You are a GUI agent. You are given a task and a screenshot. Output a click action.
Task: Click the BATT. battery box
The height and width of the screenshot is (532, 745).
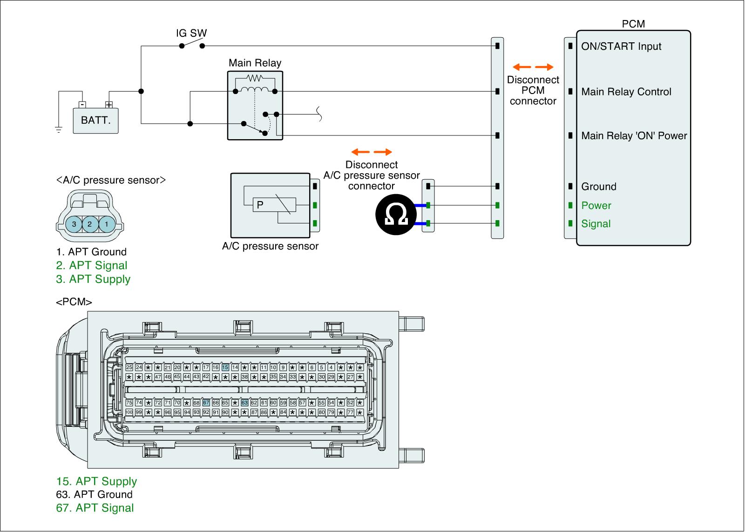tap(95, 121)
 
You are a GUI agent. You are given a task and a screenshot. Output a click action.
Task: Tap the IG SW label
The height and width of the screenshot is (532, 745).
tap(191, 34)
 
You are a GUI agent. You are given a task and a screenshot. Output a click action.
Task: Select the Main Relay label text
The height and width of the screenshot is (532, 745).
tap(255, 63)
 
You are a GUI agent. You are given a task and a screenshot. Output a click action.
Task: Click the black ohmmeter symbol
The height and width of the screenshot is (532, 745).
tap(395, 215)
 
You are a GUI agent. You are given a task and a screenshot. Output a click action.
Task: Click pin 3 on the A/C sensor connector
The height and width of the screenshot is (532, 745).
tap(74, 224)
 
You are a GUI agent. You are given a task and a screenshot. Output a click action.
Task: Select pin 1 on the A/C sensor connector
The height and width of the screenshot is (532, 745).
tap(107, 224)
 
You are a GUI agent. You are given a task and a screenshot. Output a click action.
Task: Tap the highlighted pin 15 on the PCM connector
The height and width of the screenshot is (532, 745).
tap(225, 368)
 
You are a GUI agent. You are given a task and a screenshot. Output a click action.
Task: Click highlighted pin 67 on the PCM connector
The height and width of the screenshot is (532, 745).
tap(206, 403)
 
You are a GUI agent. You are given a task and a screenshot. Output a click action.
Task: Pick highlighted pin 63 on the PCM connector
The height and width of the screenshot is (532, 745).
tap(244, 403)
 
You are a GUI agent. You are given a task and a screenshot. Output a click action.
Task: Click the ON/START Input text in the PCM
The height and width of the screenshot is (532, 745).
tap(621, 47)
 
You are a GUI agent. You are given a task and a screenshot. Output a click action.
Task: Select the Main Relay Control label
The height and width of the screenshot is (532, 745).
tap(626, 92)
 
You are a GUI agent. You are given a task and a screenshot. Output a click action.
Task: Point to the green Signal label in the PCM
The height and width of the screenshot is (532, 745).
tap(596, 224)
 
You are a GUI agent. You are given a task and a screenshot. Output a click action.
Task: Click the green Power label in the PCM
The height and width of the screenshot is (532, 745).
tap(596, 206)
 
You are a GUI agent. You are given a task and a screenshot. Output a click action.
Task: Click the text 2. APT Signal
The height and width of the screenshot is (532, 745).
tap(92, 266)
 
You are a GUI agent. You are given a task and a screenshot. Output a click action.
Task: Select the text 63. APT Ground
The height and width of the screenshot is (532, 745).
tap(95, 495)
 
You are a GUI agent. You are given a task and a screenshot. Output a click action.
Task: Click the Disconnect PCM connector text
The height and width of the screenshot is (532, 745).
tap(533, 90)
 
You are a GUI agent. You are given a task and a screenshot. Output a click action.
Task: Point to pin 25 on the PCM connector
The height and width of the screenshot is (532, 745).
tap(129, 368)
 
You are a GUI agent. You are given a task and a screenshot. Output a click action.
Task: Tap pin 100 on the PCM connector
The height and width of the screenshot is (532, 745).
tap(129, 412)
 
